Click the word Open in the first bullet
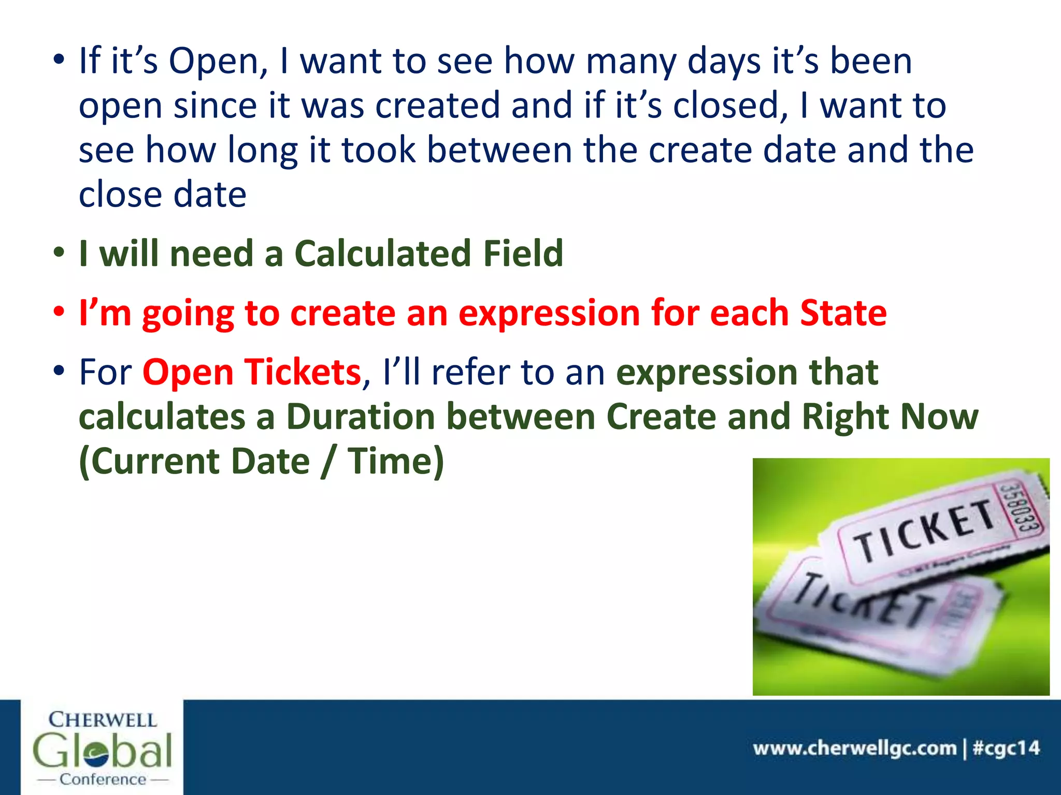pos(213,62)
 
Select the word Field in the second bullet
pos(523,254)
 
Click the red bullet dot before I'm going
pos(59,312)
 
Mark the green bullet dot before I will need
pos(59,253)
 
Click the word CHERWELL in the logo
pos(103,720)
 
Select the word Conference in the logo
pos(103,779)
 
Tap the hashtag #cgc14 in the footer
pos(1006,748)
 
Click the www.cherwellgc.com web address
pos(855,748)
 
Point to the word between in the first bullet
pos(499,150)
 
